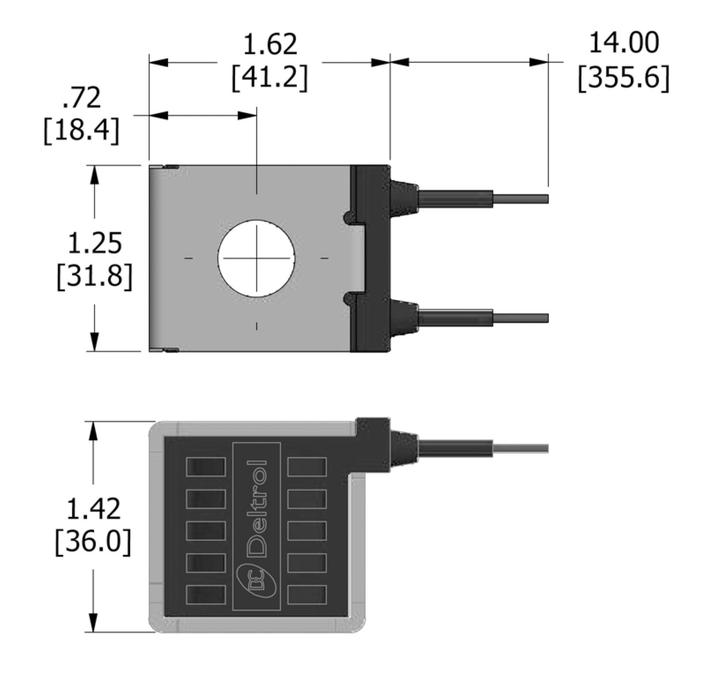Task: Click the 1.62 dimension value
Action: pyautogui.click(x=270, y=45)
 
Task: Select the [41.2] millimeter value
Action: pyautogui.click(x=270, y=78)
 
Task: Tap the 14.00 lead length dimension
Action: pyautogui.click(x=623, y=43)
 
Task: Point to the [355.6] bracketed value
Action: pyautogui.click(x=623, y=78)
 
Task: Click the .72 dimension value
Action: pyautogui.click(x=82, y=98)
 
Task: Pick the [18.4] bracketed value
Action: pyautogui.click(x=82, y=130)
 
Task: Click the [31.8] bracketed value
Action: pyautogui.click(x=94, y=276)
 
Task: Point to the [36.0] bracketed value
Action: pyautogui.click(x=93, y=542)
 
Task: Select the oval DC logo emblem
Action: pyautogui.click(x=256, y=582)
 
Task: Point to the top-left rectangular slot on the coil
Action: pyautogui.click(x=206, y=466)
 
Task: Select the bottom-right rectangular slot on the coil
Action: pyautogui.click(x=307, y=595)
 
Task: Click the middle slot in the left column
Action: pyautogui.click(x=206, y=531)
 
